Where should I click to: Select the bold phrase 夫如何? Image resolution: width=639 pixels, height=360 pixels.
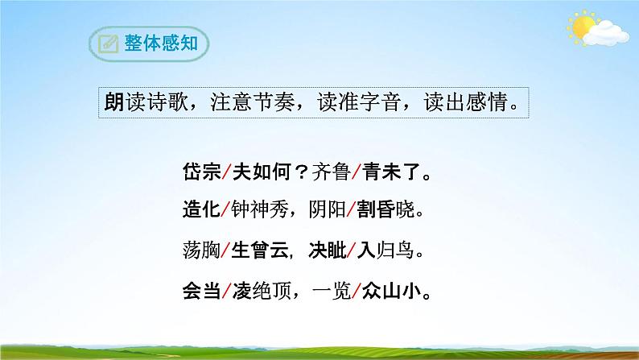point(256,173)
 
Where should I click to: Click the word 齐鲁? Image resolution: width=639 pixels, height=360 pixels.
point(321,173)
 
